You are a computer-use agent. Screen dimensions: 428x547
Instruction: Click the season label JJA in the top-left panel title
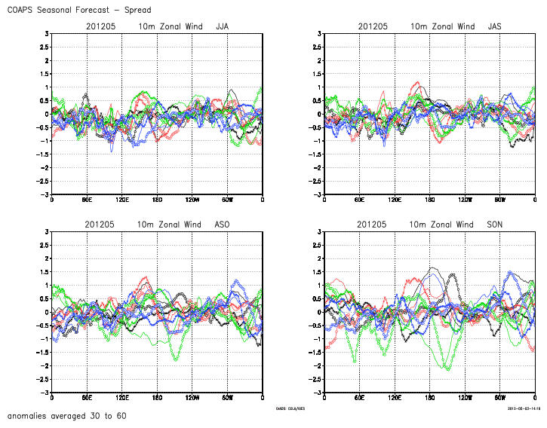(x=223, y=26)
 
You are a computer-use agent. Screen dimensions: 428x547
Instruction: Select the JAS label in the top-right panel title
(x=495, y=26)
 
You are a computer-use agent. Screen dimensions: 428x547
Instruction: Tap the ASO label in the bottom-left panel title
(x=223, y=225)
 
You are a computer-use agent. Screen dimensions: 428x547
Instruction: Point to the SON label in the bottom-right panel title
(x=495, y=225)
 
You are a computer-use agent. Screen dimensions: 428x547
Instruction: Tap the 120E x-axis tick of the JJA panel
(x=121, y=200)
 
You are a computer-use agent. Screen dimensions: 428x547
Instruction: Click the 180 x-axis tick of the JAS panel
(x=430, y=200)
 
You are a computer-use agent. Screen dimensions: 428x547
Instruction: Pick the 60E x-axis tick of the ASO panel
(x=87, y=399)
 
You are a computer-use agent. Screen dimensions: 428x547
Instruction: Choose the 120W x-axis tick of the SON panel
(x=465, y=399)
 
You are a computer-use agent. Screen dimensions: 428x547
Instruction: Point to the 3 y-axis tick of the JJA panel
(x=47, y=34)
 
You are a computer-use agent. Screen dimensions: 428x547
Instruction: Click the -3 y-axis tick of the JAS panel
(x=317, y=195)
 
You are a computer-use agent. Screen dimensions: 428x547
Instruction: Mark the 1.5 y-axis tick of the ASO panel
(x=44, y=272)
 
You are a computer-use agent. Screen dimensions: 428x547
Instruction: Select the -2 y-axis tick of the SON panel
(x=317, y=366)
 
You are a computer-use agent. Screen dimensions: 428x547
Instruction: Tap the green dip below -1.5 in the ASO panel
(x=176, y=359)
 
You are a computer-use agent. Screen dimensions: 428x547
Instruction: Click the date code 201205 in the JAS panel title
(x=373, y=26)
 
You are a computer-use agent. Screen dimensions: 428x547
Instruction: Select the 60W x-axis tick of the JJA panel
(x=227, y=200)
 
